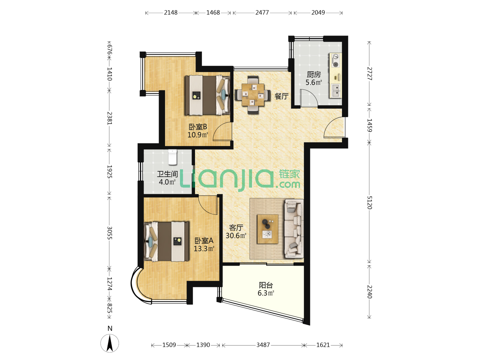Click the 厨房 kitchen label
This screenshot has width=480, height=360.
tap(313, 75)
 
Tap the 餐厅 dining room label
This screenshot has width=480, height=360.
tap(281, 96)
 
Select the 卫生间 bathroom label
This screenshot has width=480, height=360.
tap(167, 174)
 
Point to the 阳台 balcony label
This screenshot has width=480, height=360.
tap(266, 285)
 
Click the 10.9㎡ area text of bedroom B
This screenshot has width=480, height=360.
tap(198, 135)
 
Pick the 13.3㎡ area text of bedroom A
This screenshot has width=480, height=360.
tap(204, 249)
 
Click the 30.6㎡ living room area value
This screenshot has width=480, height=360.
tap(236, 235)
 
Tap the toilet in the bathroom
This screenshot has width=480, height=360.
tap(173, 157)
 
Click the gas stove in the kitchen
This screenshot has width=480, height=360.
tap(335, 61)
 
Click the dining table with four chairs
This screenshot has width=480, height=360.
tap(252, 95)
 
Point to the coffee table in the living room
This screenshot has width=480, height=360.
tap(267, 229)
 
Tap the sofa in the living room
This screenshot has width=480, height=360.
tap(293, 229)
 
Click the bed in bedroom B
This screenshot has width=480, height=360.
tap(207, 95)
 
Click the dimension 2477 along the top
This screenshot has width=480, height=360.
tap(262, 13)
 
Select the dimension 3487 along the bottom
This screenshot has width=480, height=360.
tap(263, 345)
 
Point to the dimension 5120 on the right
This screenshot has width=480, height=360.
tap(369, 203)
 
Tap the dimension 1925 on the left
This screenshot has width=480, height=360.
tap(109, 172)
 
